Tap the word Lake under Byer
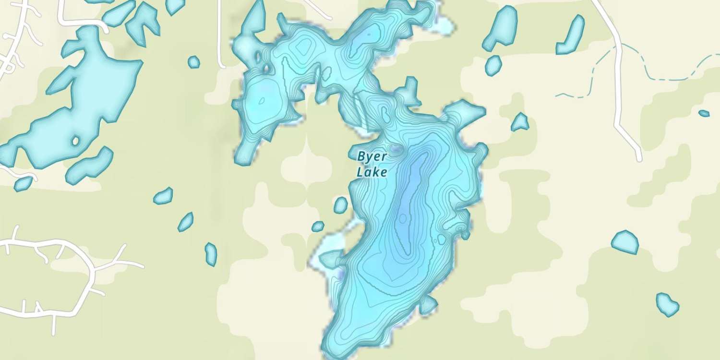coord(372,172)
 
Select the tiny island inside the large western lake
coord(75,141)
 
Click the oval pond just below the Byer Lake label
coord(340,205)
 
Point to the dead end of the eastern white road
coord(639,158)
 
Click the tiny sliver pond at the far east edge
coord(704,113)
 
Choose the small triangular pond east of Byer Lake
coord(520,123)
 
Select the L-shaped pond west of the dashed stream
coord(571,36)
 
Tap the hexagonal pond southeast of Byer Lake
coord(625,242)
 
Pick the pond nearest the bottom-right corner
coord(667,304)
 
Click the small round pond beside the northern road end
coord(193,62)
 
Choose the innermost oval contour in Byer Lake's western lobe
coord(262,101)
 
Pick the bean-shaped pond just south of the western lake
coord(89,165)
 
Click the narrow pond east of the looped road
coord(211,254)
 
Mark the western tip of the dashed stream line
coord(557,96)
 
